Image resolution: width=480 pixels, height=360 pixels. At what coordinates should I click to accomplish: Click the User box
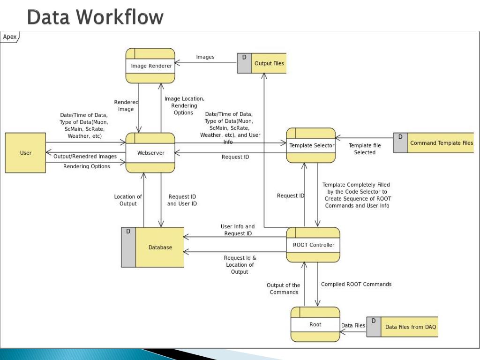[x=25, y=153]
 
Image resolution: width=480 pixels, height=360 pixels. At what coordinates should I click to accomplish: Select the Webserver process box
[x=150, y=153]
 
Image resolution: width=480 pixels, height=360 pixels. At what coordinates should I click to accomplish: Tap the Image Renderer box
[x=150, y=66]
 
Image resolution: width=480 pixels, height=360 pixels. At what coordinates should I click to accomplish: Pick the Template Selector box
[x=311, y=145]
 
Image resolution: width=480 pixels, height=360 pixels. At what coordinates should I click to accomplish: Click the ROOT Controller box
[x=313, y=245]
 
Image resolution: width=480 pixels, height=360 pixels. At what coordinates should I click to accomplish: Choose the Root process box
[x=315, y=324]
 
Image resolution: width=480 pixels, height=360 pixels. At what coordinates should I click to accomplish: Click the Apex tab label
[x=10, y=37]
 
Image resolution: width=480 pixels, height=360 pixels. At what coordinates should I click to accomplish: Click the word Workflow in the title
[x=121, y=17]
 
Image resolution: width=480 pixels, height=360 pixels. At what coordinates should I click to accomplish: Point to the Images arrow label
[x=205, y=57]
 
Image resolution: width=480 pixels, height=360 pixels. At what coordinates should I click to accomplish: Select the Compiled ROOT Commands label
[x=356, y=284]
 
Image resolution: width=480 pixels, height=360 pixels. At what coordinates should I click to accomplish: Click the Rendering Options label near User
[x=87, y=166]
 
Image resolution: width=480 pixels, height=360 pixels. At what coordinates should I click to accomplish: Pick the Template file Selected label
[x=365, y=149]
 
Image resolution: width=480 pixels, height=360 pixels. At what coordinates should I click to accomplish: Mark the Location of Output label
[x=128, y=200]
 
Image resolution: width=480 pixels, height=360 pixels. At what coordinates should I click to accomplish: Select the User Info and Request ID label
[x=238, y=230]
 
